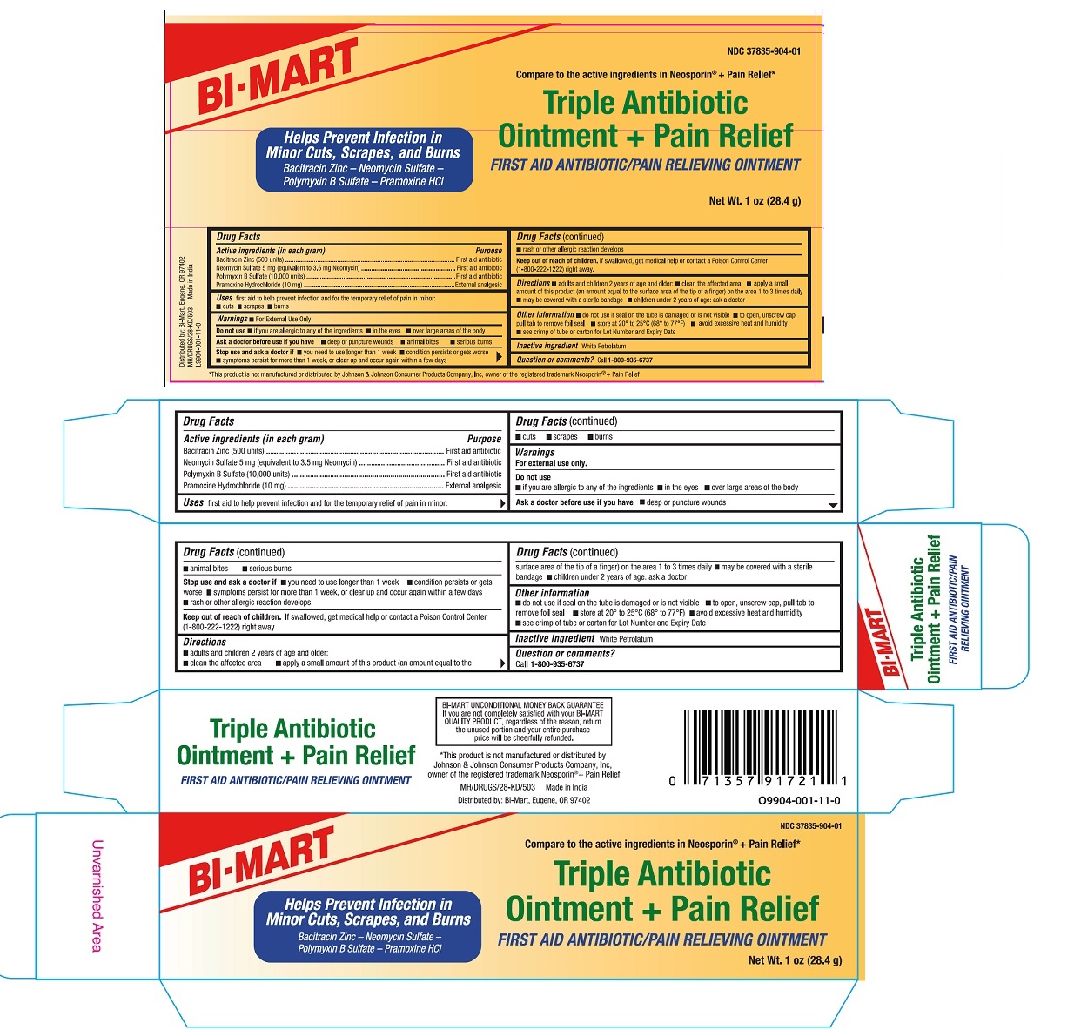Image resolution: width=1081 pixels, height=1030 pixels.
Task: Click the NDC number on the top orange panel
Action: [x=763, y=51]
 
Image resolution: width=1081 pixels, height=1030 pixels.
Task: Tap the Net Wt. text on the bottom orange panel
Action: [x=795, y=960]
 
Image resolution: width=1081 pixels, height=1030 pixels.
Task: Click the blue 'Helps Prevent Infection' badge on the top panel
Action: [x=364, y=159]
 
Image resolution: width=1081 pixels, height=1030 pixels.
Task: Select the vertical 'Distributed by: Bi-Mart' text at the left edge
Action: [x=182, y=311]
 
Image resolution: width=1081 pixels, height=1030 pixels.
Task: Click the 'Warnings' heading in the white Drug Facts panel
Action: [x=535, y=453]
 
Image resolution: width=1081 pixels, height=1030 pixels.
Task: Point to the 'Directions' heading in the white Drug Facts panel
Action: [x=205, y=642]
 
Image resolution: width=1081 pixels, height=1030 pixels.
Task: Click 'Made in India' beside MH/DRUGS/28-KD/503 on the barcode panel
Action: [x=567, y=787]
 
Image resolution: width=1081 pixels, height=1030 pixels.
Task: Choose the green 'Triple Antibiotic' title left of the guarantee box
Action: [x=292, y=729]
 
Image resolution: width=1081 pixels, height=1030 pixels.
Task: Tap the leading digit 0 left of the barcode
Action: [x=672, y=781]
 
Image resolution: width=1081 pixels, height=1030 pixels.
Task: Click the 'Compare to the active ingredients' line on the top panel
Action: [x=645, y=75]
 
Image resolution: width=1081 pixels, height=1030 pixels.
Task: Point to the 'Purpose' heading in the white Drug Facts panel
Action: [x=484, y=439]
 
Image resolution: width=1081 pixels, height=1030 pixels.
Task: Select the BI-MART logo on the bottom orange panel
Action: [x=261, y=860]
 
